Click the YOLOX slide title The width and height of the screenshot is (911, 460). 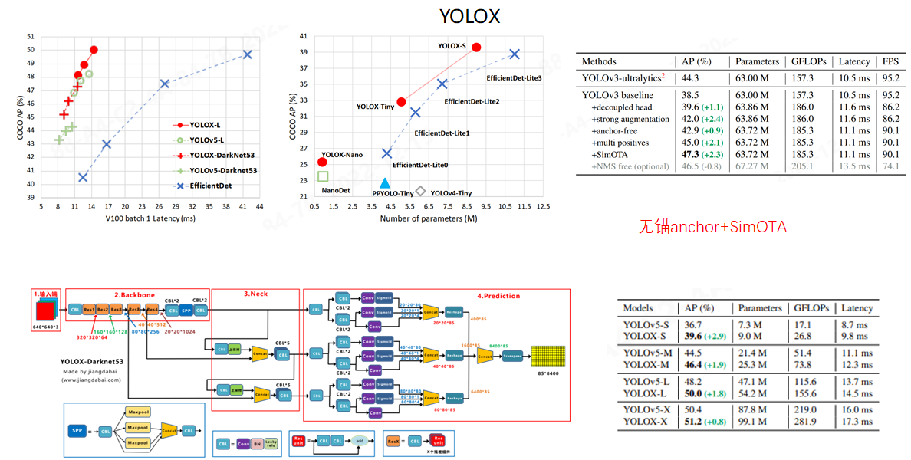[x=469, y=16]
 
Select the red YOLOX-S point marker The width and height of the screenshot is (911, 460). [x=476, y=47]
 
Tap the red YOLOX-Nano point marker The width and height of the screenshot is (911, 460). [x=322, y=162]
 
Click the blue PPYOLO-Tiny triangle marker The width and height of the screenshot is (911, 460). [x=385, y=183]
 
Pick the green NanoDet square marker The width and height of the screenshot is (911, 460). [x=323, y=176]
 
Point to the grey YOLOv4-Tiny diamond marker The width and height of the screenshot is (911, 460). [x=420, y=191]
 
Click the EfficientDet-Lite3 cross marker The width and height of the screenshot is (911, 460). [x=515, y=54]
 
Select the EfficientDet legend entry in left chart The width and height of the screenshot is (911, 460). [x=210, y=186]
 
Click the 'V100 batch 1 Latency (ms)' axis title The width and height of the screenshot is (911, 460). [x=150, y=219]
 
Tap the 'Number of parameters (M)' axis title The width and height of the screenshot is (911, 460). [x=429, y=219]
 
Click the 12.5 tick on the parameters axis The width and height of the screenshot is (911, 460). [x=543, y=207]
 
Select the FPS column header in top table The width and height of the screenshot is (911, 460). [x=890, y=61]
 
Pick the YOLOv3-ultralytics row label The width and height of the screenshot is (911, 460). [x=620, y=77]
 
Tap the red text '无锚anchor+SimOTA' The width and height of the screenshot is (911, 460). [x=713, y=227]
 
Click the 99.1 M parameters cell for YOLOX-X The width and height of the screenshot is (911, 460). [x=754, y=422]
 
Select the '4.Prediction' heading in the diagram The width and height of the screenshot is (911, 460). [x=498, y=296]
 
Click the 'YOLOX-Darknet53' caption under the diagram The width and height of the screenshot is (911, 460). [x=92, y=362]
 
